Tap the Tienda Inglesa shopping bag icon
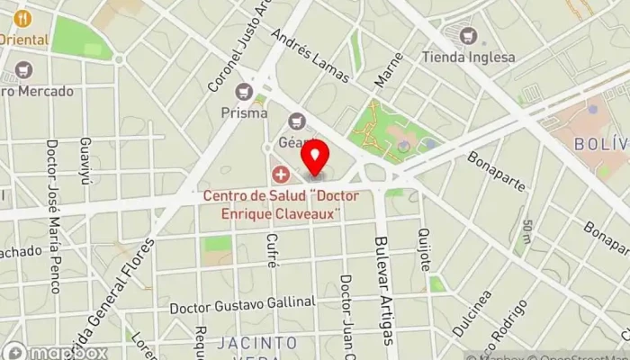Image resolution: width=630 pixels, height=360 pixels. click(x=467, y=37)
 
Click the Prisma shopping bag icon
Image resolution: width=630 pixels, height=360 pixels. click(x=244, y=92)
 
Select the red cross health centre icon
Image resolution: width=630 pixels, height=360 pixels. click(x=281, y=173)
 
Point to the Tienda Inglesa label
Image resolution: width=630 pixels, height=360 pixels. click(x=468, y=58)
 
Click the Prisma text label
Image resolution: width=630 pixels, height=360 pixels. click(x=244, y=113)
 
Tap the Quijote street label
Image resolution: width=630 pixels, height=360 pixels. click(x=424, y=251)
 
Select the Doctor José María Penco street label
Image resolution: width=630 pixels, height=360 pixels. click(x=52, y=216)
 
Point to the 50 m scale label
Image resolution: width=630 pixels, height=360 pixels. click(x=526, y=232)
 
